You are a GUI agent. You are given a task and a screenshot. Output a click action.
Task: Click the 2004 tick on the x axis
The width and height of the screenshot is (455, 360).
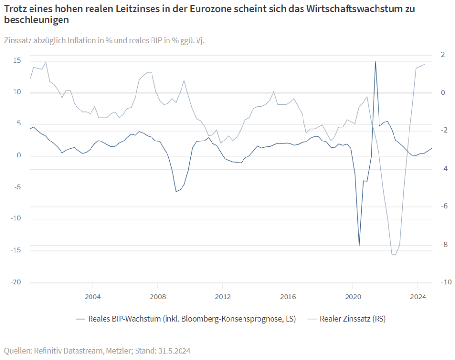pos(92,297)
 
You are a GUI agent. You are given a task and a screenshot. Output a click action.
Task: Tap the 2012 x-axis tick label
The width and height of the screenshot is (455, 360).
pos(223,297)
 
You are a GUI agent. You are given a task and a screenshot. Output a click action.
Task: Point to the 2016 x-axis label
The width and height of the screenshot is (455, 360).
pos(288,297)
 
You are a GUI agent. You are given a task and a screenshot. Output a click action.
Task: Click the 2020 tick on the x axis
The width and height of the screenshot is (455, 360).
pos(353,297)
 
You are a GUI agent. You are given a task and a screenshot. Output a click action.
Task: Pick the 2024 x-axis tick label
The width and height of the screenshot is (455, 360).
pos(418,297)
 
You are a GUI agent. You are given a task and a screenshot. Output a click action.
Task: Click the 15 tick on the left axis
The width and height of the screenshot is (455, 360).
pos(17,60)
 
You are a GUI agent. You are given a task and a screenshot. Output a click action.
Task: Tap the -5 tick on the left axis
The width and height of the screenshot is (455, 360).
pos(17,188)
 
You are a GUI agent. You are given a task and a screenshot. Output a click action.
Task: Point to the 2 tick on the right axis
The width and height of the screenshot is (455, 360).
pos(442,55)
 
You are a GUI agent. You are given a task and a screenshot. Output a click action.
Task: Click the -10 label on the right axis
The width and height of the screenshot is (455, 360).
pos(445,282)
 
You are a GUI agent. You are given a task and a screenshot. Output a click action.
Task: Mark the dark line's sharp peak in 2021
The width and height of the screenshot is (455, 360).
pos(375,62)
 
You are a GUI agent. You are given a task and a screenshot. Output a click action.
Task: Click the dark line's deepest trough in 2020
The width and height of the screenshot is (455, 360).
pos(359,245)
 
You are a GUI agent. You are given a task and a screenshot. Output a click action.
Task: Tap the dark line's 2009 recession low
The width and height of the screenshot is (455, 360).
pos(176,192)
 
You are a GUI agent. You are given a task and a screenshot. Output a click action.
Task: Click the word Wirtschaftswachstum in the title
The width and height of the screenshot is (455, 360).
pos(357,9)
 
